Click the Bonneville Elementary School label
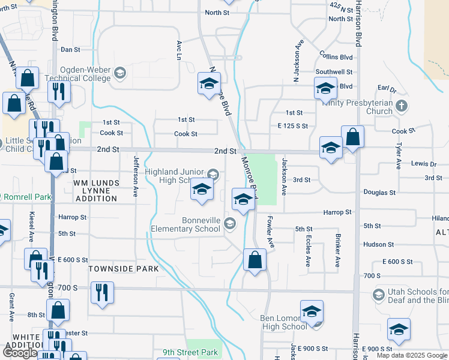point(185,224)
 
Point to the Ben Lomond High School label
point(284,322)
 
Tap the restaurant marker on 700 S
point(101,293)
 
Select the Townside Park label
point(124,269)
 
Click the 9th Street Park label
point(190,353)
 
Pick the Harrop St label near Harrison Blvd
point(337,212)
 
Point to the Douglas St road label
point(379,193)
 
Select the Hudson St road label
point(378,244)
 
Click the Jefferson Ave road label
point(136,176)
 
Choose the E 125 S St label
point(292,126)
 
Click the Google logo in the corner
point(19,353)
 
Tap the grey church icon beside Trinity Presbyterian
point(402,106)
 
